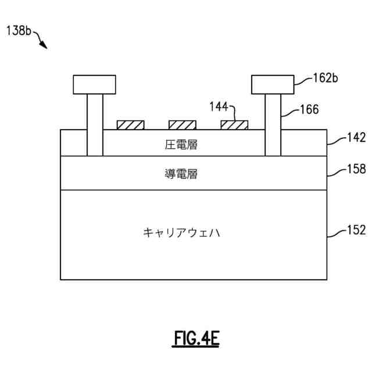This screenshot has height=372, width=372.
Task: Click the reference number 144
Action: [219, 106]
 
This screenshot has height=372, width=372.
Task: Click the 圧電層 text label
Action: [181, 144]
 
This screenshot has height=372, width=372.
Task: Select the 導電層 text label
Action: [181, 173]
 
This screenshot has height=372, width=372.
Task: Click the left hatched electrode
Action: [131, 125]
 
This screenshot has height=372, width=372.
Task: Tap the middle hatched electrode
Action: [182, 125]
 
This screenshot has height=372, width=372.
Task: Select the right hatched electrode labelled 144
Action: [234, 125]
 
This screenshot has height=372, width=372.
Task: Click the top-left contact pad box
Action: [94, 85]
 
